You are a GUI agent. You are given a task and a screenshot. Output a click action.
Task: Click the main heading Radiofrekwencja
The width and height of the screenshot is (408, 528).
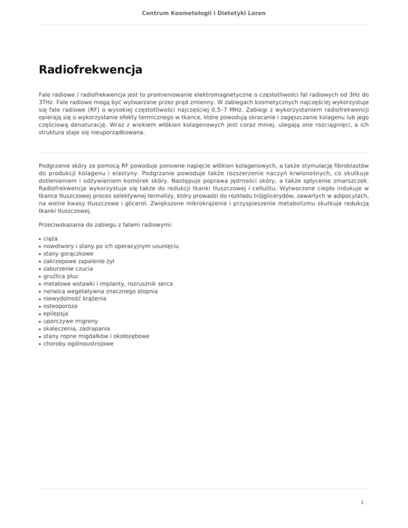click(x=90, y=70)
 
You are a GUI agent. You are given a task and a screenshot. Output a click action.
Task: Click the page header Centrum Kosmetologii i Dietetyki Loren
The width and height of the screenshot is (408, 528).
click(x=203, y=12)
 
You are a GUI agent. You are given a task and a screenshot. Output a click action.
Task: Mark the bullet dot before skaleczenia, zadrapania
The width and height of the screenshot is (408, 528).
click(x=40, y=329)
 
